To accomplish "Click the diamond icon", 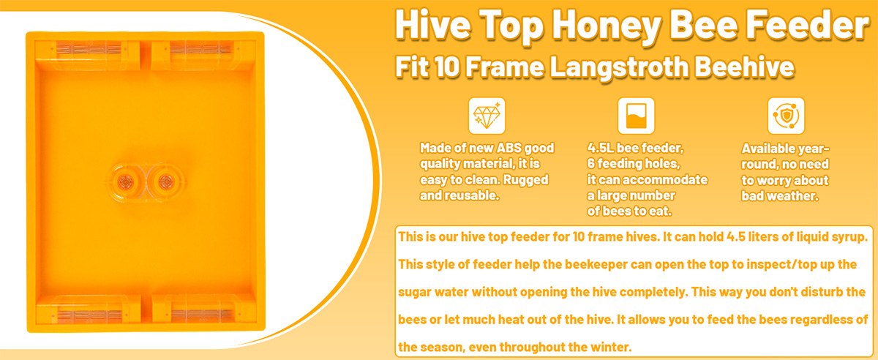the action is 487,116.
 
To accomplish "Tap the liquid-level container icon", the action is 636,116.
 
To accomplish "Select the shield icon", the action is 786,116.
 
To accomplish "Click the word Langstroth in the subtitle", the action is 618,67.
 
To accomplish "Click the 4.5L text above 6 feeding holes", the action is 600,148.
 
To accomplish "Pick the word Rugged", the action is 525,180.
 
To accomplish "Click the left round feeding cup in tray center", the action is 126,182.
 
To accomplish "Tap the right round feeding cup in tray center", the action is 165,182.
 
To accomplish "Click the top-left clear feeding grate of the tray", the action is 89,50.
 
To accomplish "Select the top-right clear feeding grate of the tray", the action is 201,50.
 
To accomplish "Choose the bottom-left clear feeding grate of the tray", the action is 90,314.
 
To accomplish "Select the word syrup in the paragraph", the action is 847,238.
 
